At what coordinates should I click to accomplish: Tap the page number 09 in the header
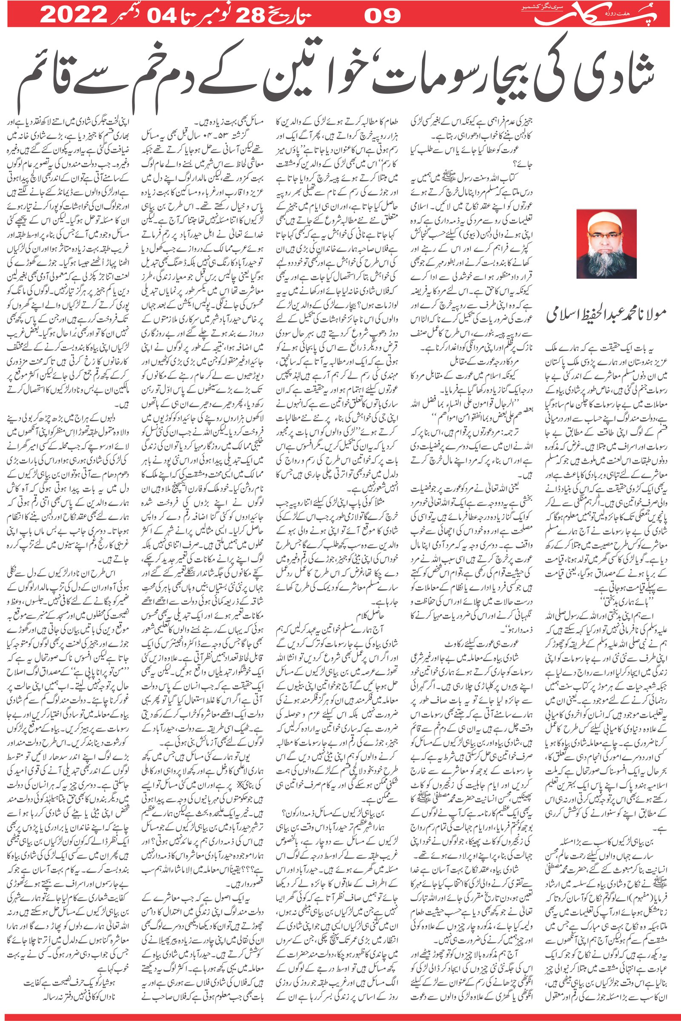point(382,16)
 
